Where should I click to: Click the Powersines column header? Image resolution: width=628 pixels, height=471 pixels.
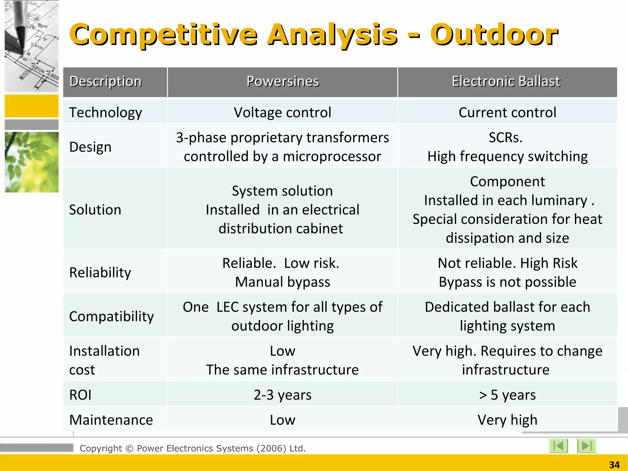[282, 82]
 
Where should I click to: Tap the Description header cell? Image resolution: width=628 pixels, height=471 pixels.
[105, 82]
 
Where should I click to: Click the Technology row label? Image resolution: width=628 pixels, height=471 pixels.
[105, 113]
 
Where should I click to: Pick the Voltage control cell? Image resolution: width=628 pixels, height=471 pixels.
[282, 113]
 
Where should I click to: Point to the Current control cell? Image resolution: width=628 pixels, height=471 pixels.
[507, 113]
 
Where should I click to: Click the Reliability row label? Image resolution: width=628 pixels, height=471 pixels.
[100, 273]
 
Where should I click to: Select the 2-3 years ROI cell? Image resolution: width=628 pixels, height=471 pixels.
[282, 395]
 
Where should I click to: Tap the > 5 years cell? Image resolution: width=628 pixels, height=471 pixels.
[507, 395]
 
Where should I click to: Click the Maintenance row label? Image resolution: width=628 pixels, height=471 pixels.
[111, 420]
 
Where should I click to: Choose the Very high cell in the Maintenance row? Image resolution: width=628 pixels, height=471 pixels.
[507, 420]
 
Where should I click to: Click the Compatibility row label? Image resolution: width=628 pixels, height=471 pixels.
[111, 316]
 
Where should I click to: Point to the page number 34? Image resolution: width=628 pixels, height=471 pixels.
[614, 465]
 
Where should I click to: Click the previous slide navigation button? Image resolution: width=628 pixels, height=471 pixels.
[558, 446]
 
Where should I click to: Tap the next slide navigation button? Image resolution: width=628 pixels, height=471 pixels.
[586, 446]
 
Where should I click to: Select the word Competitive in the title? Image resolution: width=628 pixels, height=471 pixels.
[163, 35]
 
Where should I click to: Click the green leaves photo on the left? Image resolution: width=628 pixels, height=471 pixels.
[32, 162]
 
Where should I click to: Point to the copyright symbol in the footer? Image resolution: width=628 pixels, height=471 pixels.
[129, 449]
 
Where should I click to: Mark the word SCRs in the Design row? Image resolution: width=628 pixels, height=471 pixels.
[505, 138]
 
